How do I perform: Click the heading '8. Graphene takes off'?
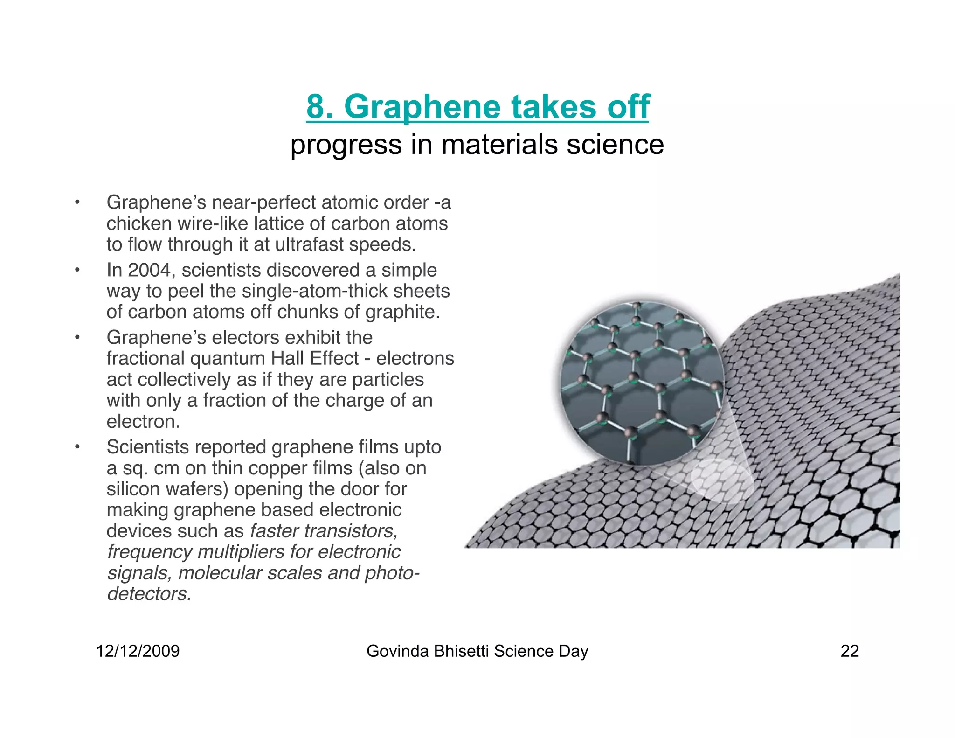[x=477, y=107]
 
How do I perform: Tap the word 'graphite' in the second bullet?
[x=402, y=312]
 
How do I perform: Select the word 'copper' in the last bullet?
[x=292, y=468]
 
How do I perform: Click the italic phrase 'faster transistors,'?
[x=324, y=531]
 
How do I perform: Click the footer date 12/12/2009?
[x=138, y=651]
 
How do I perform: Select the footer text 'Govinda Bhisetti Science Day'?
[x=477, y=651]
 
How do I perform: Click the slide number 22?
[x=849, y=651]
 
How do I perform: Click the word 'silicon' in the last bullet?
[x=133, y=489]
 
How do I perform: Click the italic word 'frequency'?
[x=149, y=552]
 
